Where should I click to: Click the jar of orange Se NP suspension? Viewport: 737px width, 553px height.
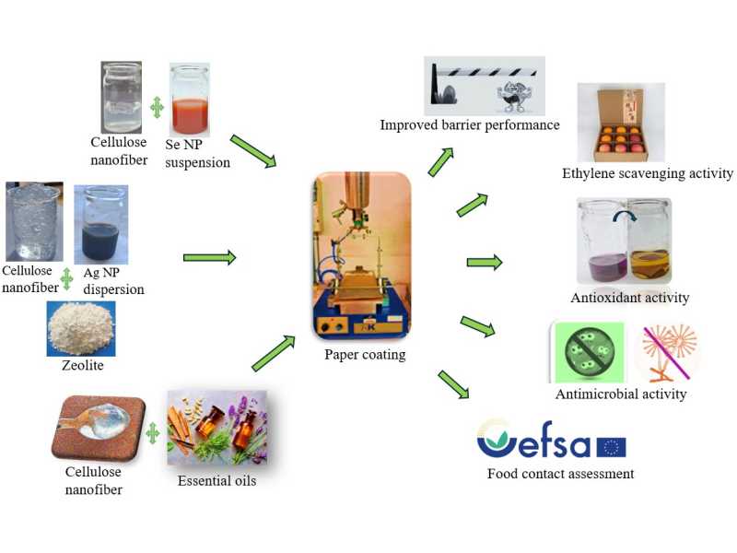[190, 100]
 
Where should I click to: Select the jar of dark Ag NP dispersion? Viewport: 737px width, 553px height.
[101, 225]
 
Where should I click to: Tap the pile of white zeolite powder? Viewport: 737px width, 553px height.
[81, 329]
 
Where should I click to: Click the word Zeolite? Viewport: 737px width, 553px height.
[83, 365]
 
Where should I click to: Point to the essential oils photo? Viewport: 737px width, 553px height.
[217, 428]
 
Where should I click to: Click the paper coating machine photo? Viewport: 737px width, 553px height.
[361, 255]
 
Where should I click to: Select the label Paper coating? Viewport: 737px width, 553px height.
[365, 355]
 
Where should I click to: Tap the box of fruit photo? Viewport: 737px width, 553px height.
[621, 123]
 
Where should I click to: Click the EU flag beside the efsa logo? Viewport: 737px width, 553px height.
[611, 447]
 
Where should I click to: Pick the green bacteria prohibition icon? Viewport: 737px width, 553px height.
[590, 352]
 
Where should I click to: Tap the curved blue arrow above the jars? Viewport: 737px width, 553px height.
[625, 215]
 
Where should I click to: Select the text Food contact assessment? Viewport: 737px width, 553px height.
[561, 474]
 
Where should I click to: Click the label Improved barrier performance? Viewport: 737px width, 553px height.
[470, 125]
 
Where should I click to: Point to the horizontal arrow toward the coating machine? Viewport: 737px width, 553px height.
[210, 257]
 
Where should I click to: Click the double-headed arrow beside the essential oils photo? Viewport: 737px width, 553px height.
[153, 433]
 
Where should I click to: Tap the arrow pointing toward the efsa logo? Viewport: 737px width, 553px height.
[453, 384]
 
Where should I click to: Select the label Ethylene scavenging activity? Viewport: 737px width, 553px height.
[648, 173]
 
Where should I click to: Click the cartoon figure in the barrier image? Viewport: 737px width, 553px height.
[511, 97]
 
